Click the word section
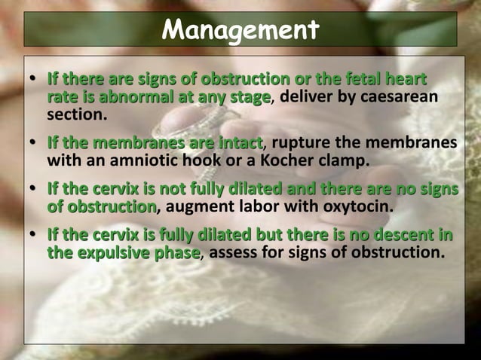tap(77, 115)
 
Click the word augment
tap(200, 206)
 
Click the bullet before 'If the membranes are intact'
tap(33, 142)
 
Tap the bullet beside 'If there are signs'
tap(33, 79)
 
